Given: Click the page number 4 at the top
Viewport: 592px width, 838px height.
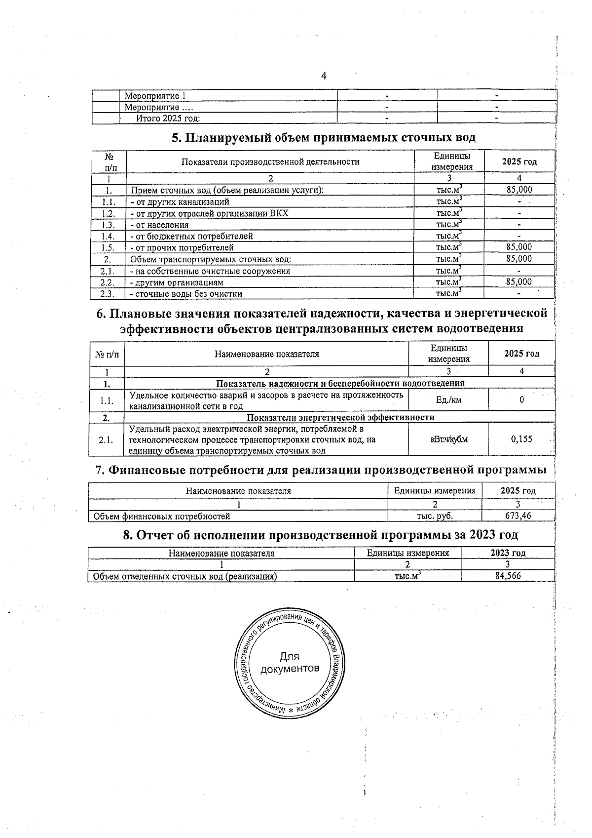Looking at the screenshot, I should pos(324,76).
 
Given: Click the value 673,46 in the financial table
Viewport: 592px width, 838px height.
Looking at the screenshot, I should pos(518,516).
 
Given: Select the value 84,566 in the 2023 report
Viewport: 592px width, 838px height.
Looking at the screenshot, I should pos(508,576).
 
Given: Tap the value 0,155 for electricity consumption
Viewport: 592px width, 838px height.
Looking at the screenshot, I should pos(521,439).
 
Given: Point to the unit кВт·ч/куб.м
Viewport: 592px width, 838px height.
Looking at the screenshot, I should pos(449,439).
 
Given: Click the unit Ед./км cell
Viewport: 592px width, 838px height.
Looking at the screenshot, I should pos(449,400).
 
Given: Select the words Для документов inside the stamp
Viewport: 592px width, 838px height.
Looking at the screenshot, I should pos(290,663).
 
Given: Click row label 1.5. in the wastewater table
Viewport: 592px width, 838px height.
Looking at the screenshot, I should pos(108,247).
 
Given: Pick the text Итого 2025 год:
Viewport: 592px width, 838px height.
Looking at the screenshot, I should pos(168,118).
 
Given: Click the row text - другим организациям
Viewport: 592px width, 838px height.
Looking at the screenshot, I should pos(176,282).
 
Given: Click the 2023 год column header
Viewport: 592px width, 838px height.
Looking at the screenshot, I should pos(508,553).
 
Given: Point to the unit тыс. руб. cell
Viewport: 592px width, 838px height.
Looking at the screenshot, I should pos(435,516).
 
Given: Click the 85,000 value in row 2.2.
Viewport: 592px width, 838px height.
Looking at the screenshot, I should pos(519,282).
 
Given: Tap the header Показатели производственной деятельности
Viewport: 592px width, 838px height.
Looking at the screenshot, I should pos(270,161).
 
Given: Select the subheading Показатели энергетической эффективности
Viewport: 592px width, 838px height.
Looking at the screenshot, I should pos(340,417).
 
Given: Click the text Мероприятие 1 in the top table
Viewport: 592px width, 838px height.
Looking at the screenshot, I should pos(155,96).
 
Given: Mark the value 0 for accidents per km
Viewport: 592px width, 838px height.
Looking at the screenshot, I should pos(521,400).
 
